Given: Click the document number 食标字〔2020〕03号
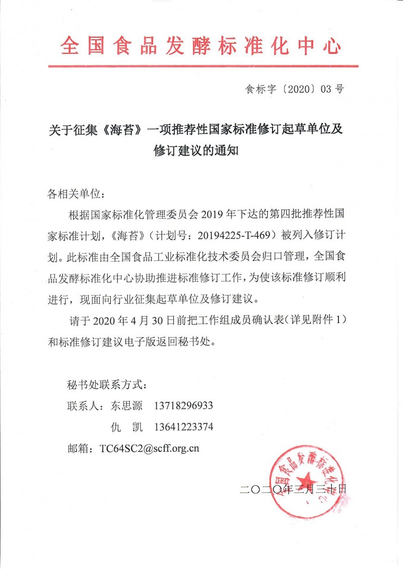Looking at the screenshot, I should [x=294, y=91].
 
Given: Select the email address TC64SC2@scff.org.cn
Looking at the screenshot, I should [x=150, y=448].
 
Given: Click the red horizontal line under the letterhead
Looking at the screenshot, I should [x=203, y=66].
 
